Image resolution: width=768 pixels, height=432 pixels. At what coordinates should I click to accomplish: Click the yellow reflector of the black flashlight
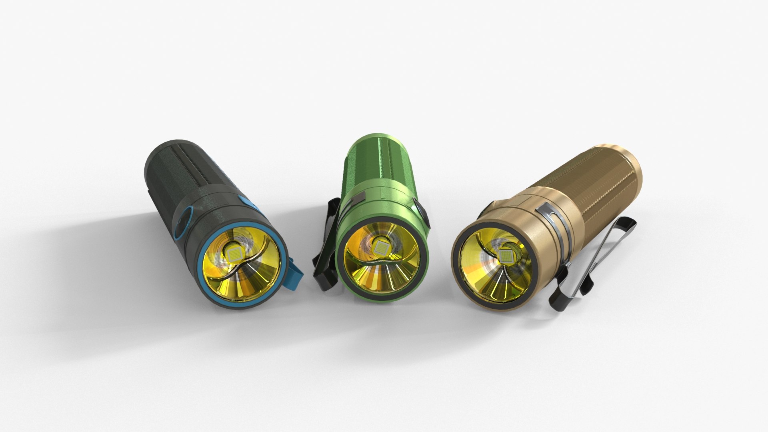(x=256, y=280)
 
